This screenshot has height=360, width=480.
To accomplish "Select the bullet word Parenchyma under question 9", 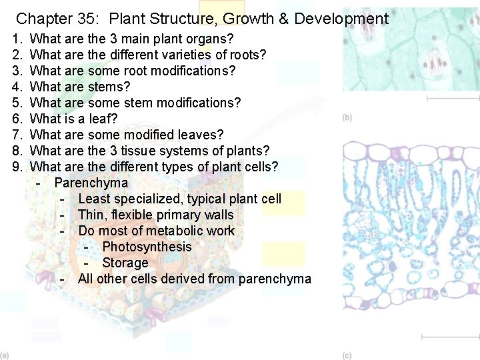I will tap(91, 183).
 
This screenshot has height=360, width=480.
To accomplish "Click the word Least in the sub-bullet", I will tap(93, 199).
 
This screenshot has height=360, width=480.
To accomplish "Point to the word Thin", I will tap(91, 215).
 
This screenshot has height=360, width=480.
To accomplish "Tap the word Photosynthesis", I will tap(147, 247).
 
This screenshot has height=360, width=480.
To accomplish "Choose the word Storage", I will tap(125, 263).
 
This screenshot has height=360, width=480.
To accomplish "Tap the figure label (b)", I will tap(347, 118).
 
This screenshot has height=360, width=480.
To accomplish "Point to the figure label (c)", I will tap(347, 355).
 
